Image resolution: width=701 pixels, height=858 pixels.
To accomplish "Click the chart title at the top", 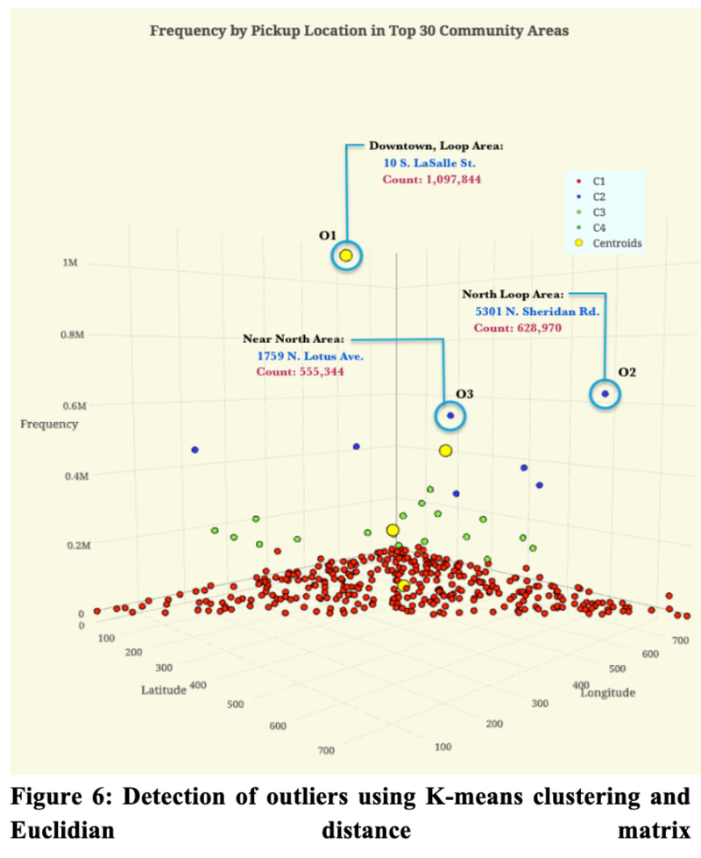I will coord(359,31).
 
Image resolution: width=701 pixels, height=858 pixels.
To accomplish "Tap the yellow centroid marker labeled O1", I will coord(346,255).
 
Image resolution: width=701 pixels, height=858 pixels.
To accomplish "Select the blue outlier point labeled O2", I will coord(605,395).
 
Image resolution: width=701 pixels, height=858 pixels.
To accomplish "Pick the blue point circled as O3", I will coord(450,416).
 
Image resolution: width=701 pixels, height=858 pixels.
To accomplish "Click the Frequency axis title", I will coord(50,424).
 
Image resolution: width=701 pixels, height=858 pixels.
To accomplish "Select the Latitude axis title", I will coord(164,689).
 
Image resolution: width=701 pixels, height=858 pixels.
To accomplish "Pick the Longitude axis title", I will coord(608,692).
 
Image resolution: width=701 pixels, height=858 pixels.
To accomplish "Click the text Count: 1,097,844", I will coord(432,179).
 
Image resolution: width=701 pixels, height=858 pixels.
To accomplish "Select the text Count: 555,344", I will coord(299,373).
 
